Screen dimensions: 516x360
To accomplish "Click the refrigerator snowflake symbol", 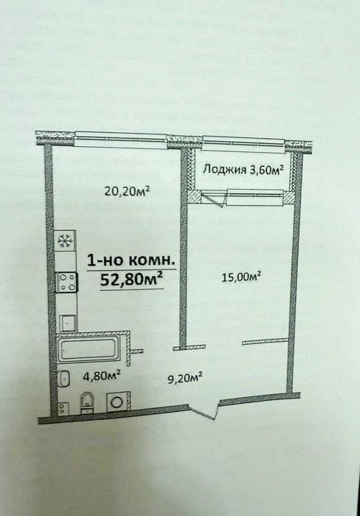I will click(63, 241).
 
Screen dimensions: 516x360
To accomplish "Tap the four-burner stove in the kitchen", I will click(67, 281).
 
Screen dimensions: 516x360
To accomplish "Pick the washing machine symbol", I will click(115, 402).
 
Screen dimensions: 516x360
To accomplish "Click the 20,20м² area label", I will click(127, 191).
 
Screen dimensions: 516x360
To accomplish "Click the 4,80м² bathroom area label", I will click(102, 375).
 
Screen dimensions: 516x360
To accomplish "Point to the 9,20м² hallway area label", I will click(183, 379).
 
